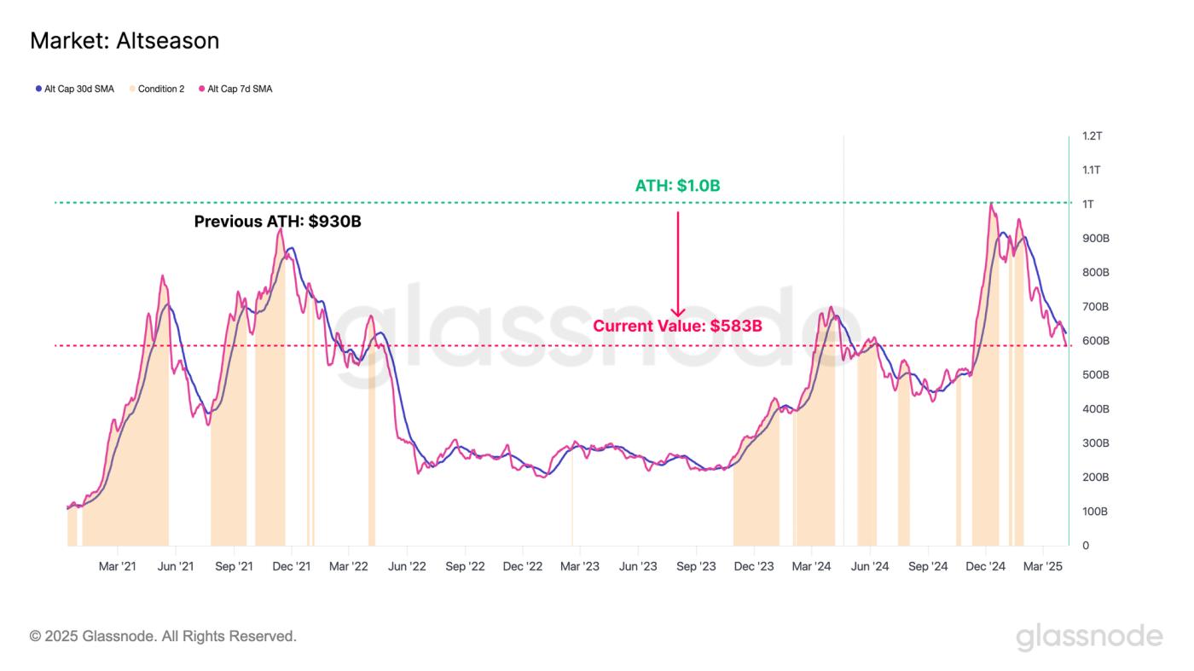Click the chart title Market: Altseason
click(125, 41)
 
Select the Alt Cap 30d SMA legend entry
click(75, 89)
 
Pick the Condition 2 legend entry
click(157, 89)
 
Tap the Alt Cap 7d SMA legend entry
click(235, 89)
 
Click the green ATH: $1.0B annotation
click(678, 185)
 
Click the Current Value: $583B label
click(677, 326)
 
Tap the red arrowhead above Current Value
click(678, 312)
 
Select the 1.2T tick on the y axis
click(1092, 136)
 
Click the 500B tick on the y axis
click(1094, 375)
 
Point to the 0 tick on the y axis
click(1085, 546)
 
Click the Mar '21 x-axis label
click(117, 566)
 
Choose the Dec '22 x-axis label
click(523, 566)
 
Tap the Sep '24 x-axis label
click(928, 566)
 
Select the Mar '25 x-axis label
click(1042, 566)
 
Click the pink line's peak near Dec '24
click(991, 204)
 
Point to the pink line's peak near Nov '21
click(280, 228)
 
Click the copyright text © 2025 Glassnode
click(163, 636)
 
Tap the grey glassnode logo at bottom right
click(1089, 636)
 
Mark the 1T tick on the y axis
click(1089, 205)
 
